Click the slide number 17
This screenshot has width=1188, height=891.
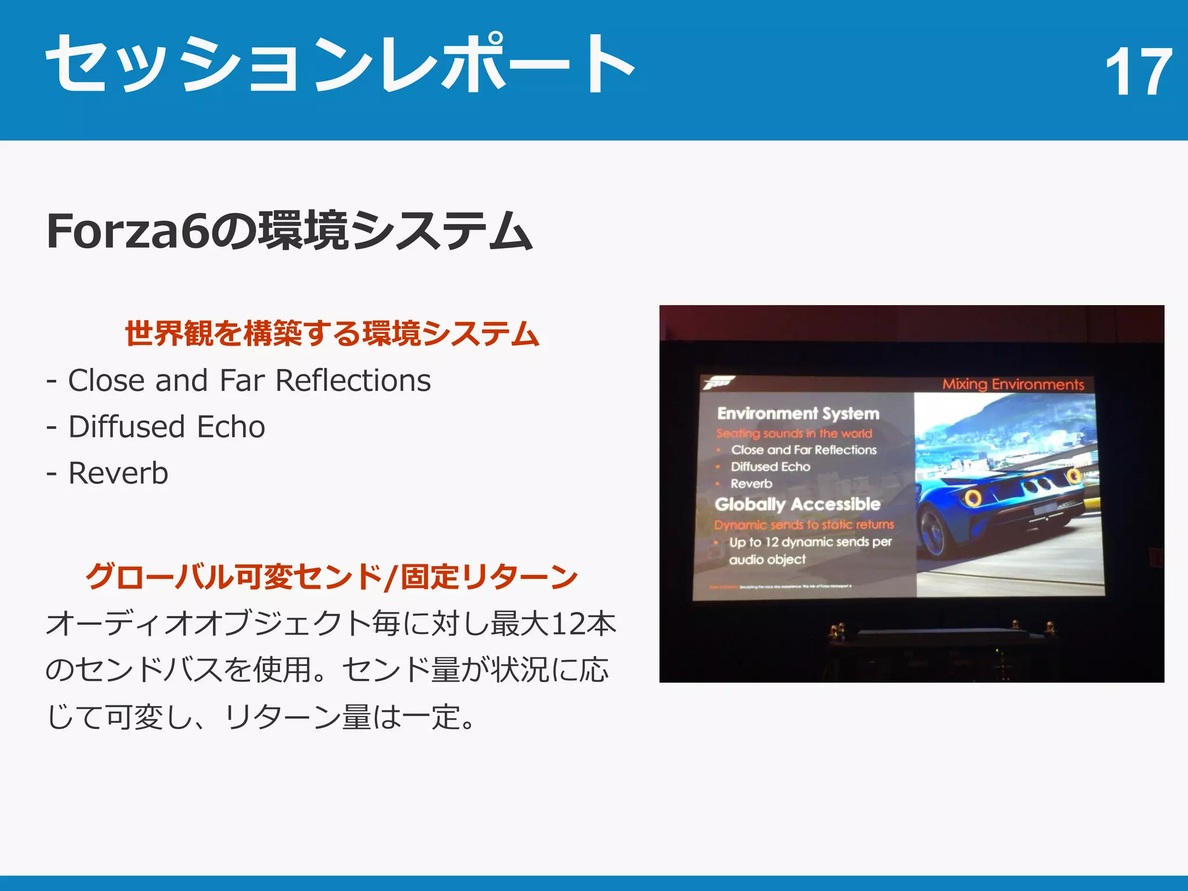click(1138, 72)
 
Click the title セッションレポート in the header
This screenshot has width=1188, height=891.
click(340, 64)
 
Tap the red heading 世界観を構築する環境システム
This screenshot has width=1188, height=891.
click(332, 334)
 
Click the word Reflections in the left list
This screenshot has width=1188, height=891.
click(353, 381)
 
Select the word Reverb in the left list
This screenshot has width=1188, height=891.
click(118, 473)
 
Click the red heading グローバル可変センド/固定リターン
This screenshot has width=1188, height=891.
click(332, 577)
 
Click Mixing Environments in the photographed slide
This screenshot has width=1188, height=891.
click(1013, 384)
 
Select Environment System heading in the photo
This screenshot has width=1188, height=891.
click(798, 414)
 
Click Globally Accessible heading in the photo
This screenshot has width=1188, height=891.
click(797, 504)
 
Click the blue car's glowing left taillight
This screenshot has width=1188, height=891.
click(973, 497)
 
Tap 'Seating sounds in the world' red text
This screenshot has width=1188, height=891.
click(794, 433)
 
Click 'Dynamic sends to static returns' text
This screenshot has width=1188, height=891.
click(804, 524)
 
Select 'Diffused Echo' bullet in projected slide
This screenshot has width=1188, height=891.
click(770, 466)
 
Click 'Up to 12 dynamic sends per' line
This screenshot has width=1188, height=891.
click(810, 542)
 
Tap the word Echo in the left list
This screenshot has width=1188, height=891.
click(231, 427)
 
